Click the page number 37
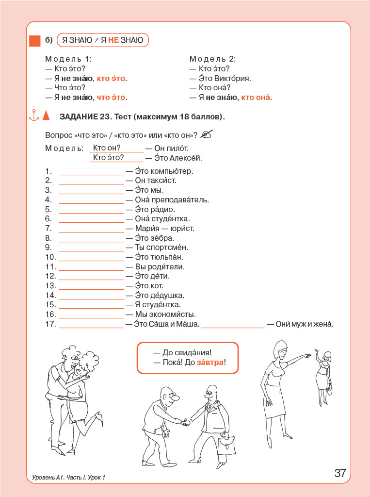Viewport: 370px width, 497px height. point(340,473)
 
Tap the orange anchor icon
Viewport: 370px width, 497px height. point(33,116)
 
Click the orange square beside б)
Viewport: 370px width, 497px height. point(34,41)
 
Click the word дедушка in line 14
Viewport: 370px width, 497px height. point(168,295)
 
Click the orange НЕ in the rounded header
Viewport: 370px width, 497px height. point(113,40)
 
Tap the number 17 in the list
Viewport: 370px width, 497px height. point(51,324)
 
